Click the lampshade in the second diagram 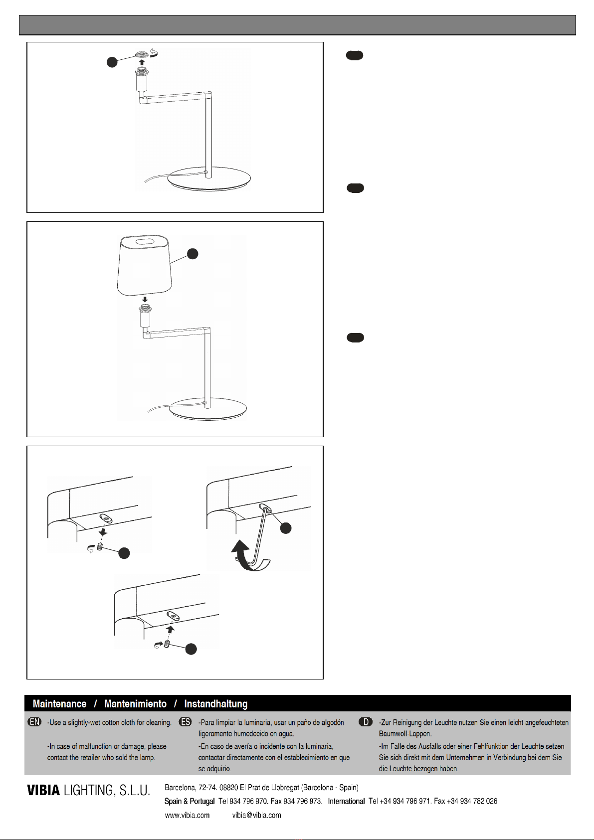click(145, 265)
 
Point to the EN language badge click(34, 722)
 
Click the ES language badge click(186, 722)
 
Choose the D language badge click(366, 722)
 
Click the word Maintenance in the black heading click(60, 703)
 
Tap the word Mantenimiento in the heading click(136, 703)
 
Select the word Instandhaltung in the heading click(216, 704)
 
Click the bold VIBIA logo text click(43, 790)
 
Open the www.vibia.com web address click(187, 815)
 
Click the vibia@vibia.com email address click(257, 815)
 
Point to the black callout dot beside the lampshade click(193, 254)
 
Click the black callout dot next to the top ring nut click(112, 62)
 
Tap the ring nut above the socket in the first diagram click(142, 55)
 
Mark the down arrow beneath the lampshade click(145, 299)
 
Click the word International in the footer click(346, 801)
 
